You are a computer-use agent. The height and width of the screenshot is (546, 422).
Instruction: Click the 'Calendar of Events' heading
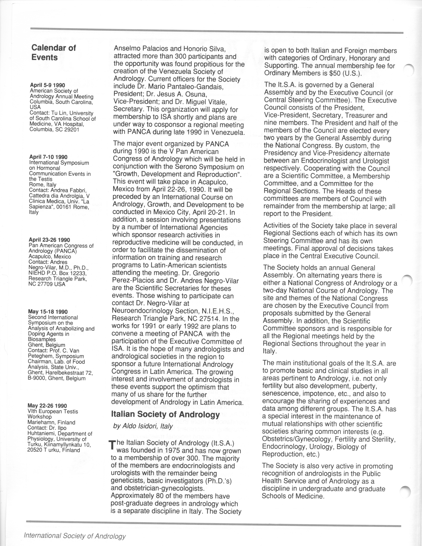[54, 53]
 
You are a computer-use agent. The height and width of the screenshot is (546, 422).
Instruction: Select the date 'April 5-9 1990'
[47, 85]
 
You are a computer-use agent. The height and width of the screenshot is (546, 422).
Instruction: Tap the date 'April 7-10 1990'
[48, 157]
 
